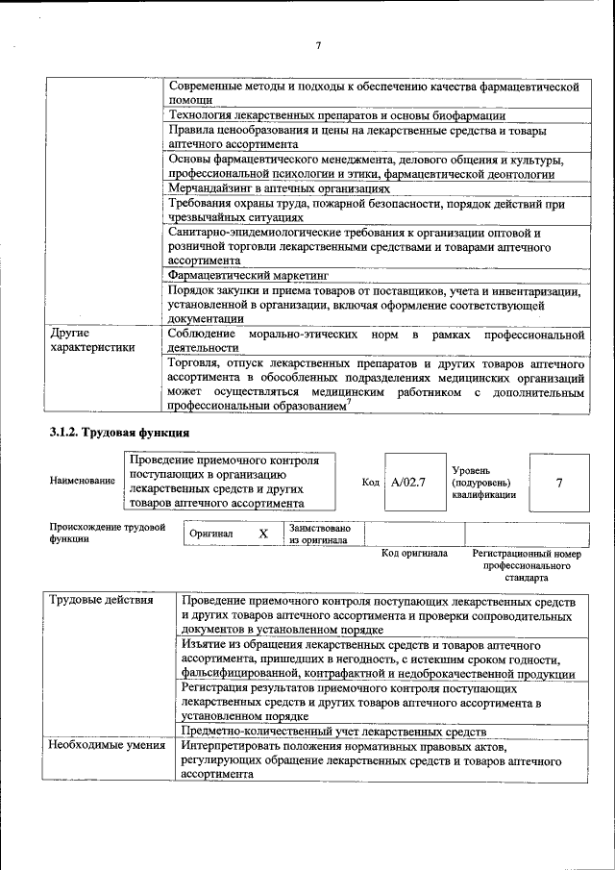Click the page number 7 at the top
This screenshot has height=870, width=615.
pos(318,44)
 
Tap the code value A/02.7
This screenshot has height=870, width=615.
pos(409,482)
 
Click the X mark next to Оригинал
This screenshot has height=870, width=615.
pos(262,533)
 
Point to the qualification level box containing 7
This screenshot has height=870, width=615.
pos(558,483)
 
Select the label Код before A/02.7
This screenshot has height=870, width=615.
pos(371,482)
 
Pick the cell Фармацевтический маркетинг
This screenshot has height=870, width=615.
pos(248,274)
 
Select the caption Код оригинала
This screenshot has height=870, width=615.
pos(414,554)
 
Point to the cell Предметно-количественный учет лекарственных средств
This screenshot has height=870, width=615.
pos(332,731)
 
